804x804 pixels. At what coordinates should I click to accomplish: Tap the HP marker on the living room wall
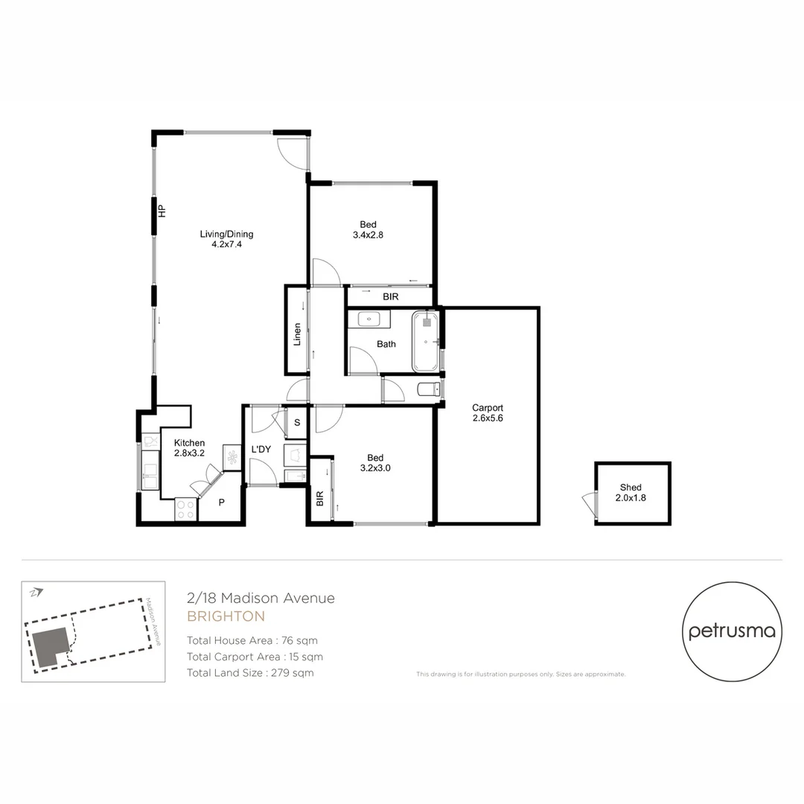point(162,211)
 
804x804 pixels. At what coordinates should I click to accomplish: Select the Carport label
point(488,413)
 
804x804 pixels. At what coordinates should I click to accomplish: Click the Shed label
point(631,493)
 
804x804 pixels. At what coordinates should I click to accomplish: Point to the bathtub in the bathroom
point(426,342)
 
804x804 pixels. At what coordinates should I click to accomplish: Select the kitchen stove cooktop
point(185,509)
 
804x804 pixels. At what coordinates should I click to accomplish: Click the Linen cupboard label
point(297,335)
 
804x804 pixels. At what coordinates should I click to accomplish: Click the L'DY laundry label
point(261,450)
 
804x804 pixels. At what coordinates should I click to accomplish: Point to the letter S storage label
point(297,423)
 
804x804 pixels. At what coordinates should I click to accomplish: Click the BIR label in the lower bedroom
point(319,499)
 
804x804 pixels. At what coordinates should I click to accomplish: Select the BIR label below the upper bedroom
point(391,296)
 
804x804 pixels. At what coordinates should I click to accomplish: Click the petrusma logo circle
point(732,632)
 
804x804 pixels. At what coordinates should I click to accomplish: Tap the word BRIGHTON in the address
point(226,616)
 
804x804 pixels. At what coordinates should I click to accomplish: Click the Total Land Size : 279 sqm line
point(250,673)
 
